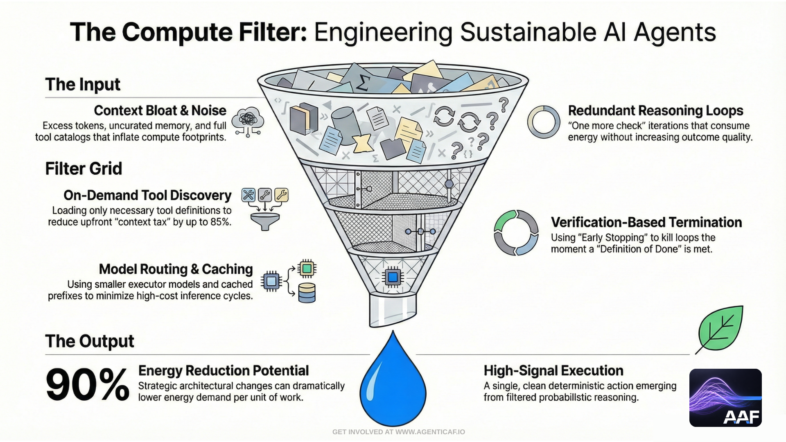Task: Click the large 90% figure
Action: tap(87, 385)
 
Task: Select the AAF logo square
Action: tap(725, 398)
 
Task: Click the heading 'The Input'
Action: tap(83, 85)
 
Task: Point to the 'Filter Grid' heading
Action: tap(84, 169)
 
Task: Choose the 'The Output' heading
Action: tap(90, 341)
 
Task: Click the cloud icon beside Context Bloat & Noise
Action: tap(248, 121)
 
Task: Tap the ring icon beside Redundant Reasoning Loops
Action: tap(544, 122)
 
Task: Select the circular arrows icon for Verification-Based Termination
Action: tap(516, 233)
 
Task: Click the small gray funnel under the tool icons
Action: tap(265, 221)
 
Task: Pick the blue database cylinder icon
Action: tap(307, 293)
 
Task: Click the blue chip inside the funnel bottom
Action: tap(393, 277)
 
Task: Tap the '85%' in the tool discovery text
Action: tap(220, 222)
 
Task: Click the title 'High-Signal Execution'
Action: tap(553, 371)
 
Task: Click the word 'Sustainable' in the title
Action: tap(528, 32)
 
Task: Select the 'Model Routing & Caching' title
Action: tap(176, 269)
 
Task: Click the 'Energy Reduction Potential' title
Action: tap(224, 371)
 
